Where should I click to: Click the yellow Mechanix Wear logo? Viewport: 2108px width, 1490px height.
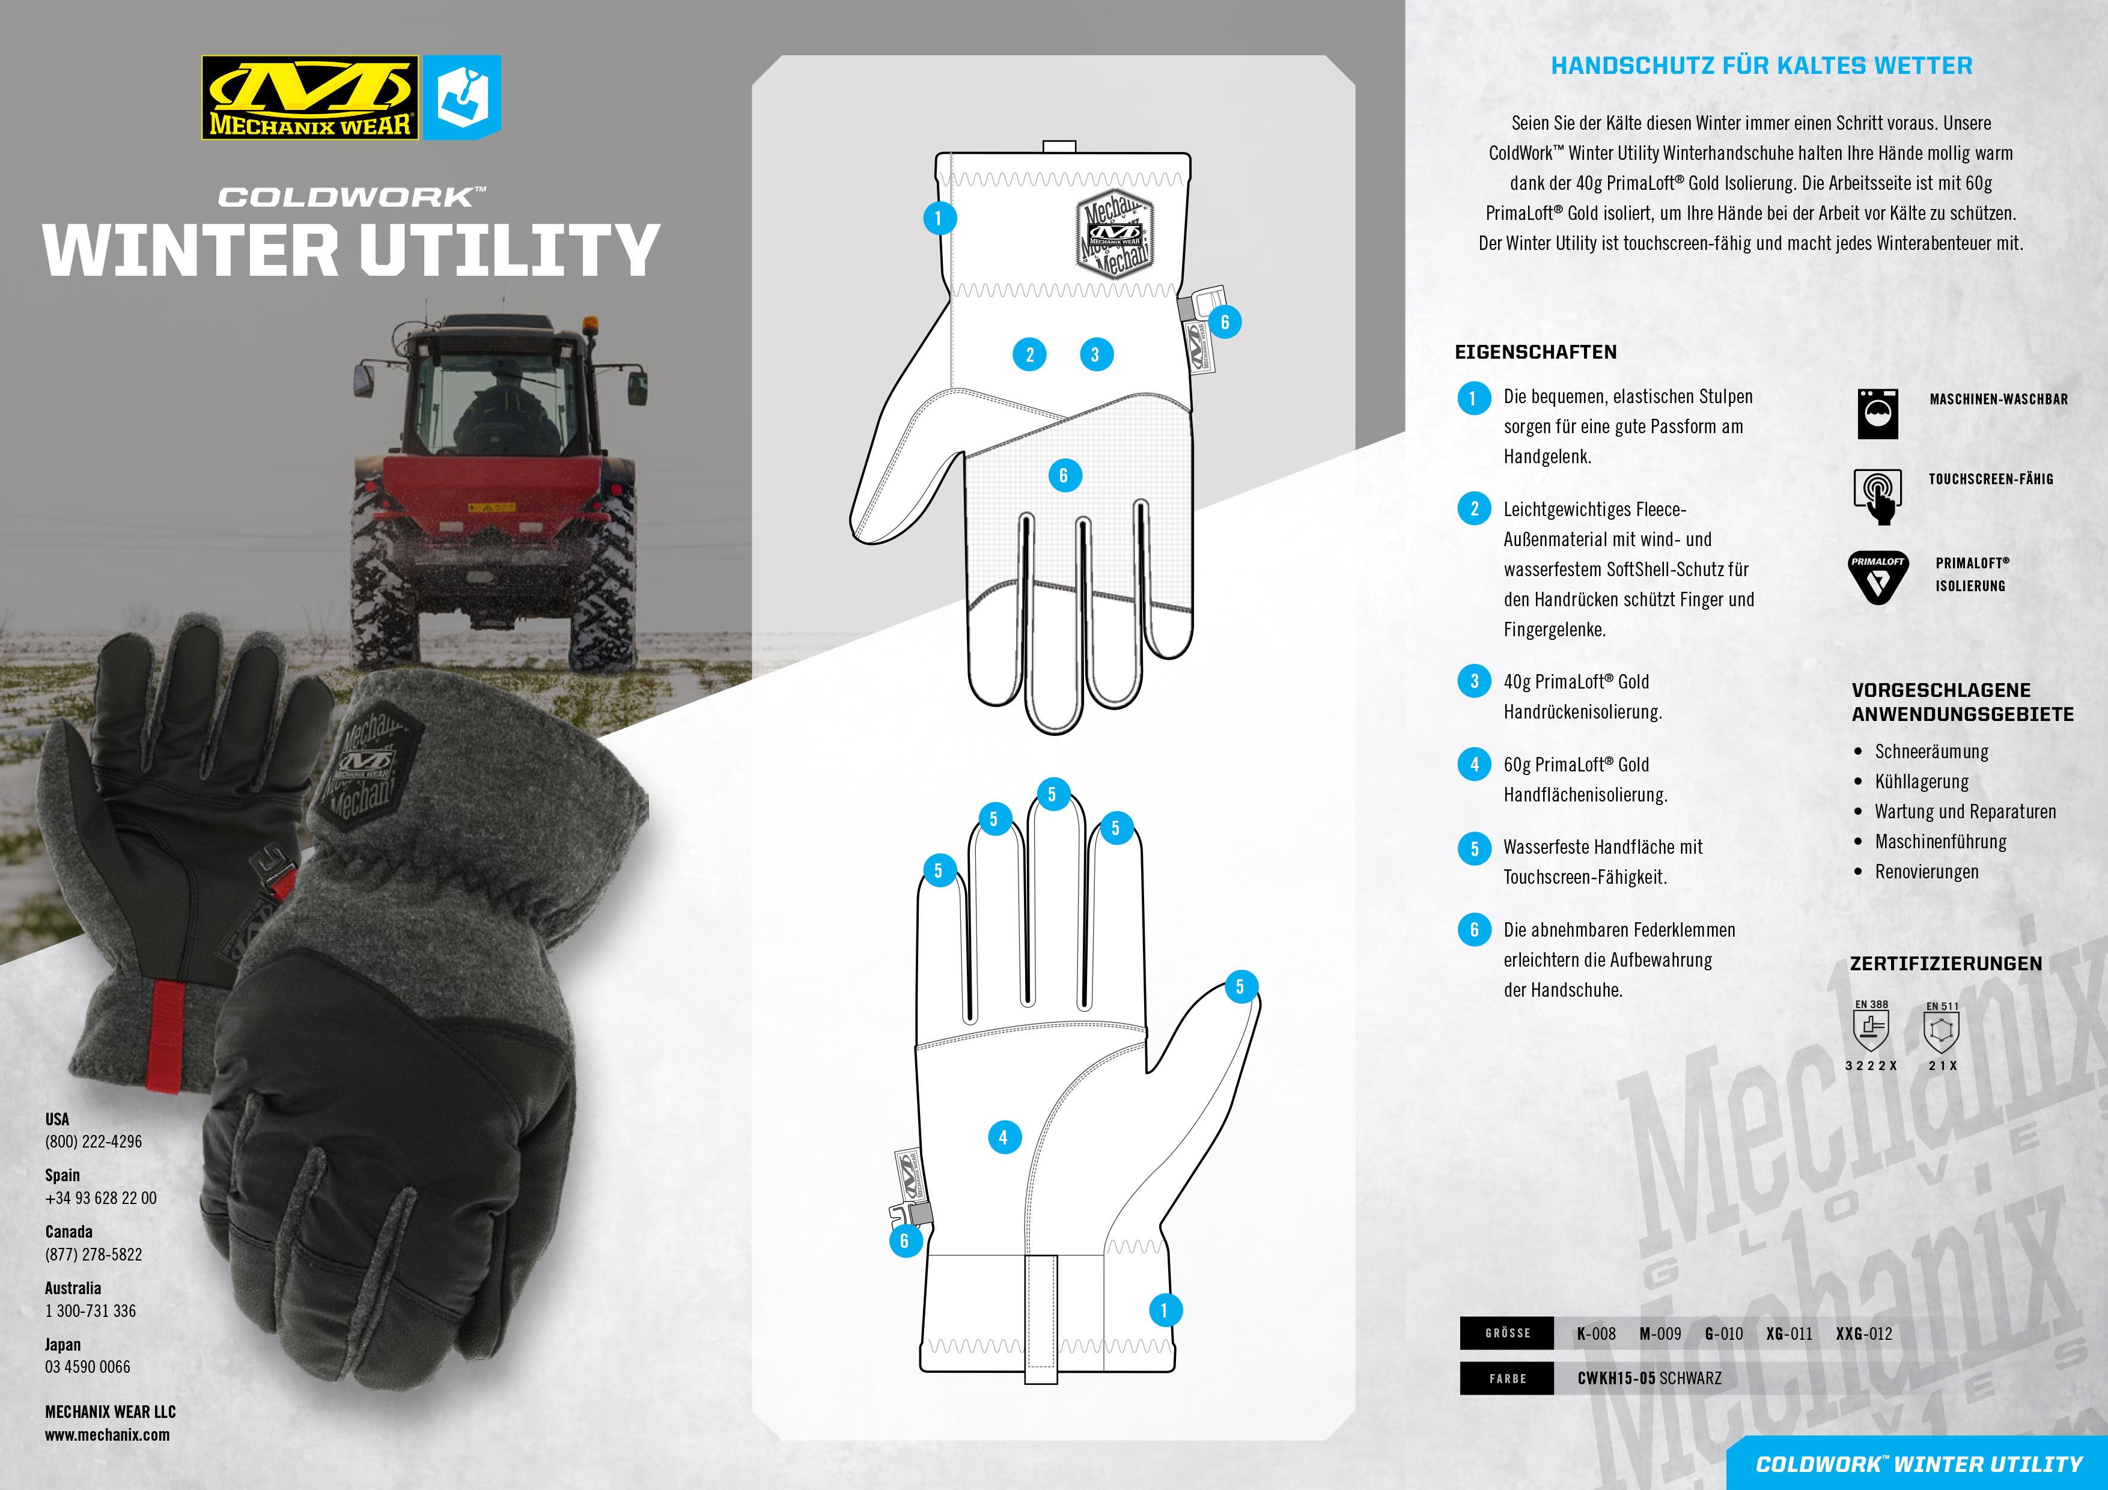(x=309, y=97)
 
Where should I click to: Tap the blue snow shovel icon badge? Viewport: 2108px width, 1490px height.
(x=463, y=97)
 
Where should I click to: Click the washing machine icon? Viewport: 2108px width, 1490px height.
(x=1878, y=413)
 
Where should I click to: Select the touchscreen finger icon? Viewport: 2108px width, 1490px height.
(x=1878, y=496)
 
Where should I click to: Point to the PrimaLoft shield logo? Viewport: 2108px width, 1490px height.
(x=1878, y=577)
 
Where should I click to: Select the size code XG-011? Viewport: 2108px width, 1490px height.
(x=1788, y=1334)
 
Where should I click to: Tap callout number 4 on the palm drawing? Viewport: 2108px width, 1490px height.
(x=1004, y=1137)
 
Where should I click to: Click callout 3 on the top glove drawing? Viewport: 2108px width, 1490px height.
(x=1095, y=354)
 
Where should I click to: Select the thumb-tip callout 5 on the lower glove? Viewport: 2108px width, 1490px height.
(x=1240, y=987)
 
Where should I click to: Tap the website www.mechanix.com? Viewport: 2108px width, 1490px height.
(x=108, y=1435)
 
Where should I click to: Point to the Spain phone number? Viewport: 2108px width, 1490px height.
(x=101, y=1198)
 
